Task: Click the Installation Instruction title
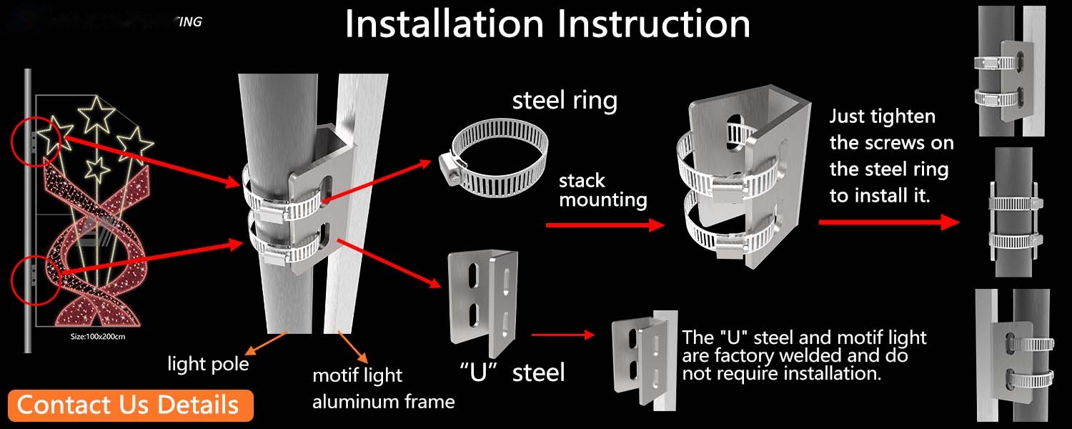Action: click(x=547, y=24)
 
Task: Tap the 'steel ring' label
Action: click(x=565, y=101)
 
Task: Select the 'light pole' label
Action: click(x=208, y=364)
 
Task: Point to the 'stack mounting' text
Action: click(x=602, y=190)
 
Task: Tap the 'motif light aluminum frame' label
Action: click(x=384, y=388)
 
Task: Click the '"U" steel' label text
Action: click(x=512, y=372)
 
